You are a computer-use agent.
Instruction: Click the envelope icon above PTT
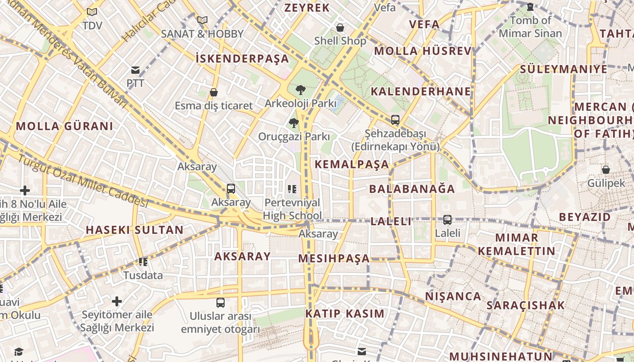click(135, 70)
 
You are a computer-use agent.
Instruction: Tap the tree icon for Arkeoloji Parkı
click(300, 90)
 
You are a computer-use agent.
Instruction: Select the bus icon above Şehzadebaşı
click(395, 120)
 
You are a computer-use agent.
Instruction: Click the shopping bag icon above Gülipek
click(605, 170)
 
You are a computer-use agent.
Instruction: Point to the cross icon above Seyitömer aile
click(117, 301)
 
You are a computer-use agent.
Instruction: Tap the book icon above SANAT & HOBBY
click(202, 20)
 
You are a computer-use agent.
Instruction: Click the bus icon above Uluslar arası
click(221, 302)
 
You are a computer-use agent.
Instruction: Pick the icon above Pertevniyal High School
click(292, 189)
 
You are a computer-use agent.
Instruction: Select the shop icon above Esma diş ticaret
click(214, 92)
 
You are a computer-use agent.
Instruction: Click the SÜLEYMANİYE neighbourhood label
click(563, 69)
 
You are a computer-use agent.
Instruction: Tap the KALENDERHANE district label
click(421, 91)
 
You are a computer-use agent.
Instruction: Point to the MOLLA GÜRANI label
click(64, 126)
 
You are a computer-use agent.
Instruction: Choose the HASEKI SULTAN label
click(134, 230)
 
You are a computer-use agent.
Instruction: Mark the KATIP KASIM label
click(345, 314)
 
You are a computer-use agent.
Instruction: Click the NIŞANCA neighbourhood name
click(453, 296)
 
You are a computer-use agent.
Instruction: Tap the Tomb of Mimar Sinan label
click(530, 27)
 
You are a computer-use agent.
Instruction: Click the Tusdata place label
click(143, 275)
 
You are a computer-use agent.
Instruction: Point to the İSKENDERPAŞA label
click(242, 58)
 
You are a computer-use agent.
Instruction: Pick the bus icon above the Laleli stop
click(447, 220)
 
